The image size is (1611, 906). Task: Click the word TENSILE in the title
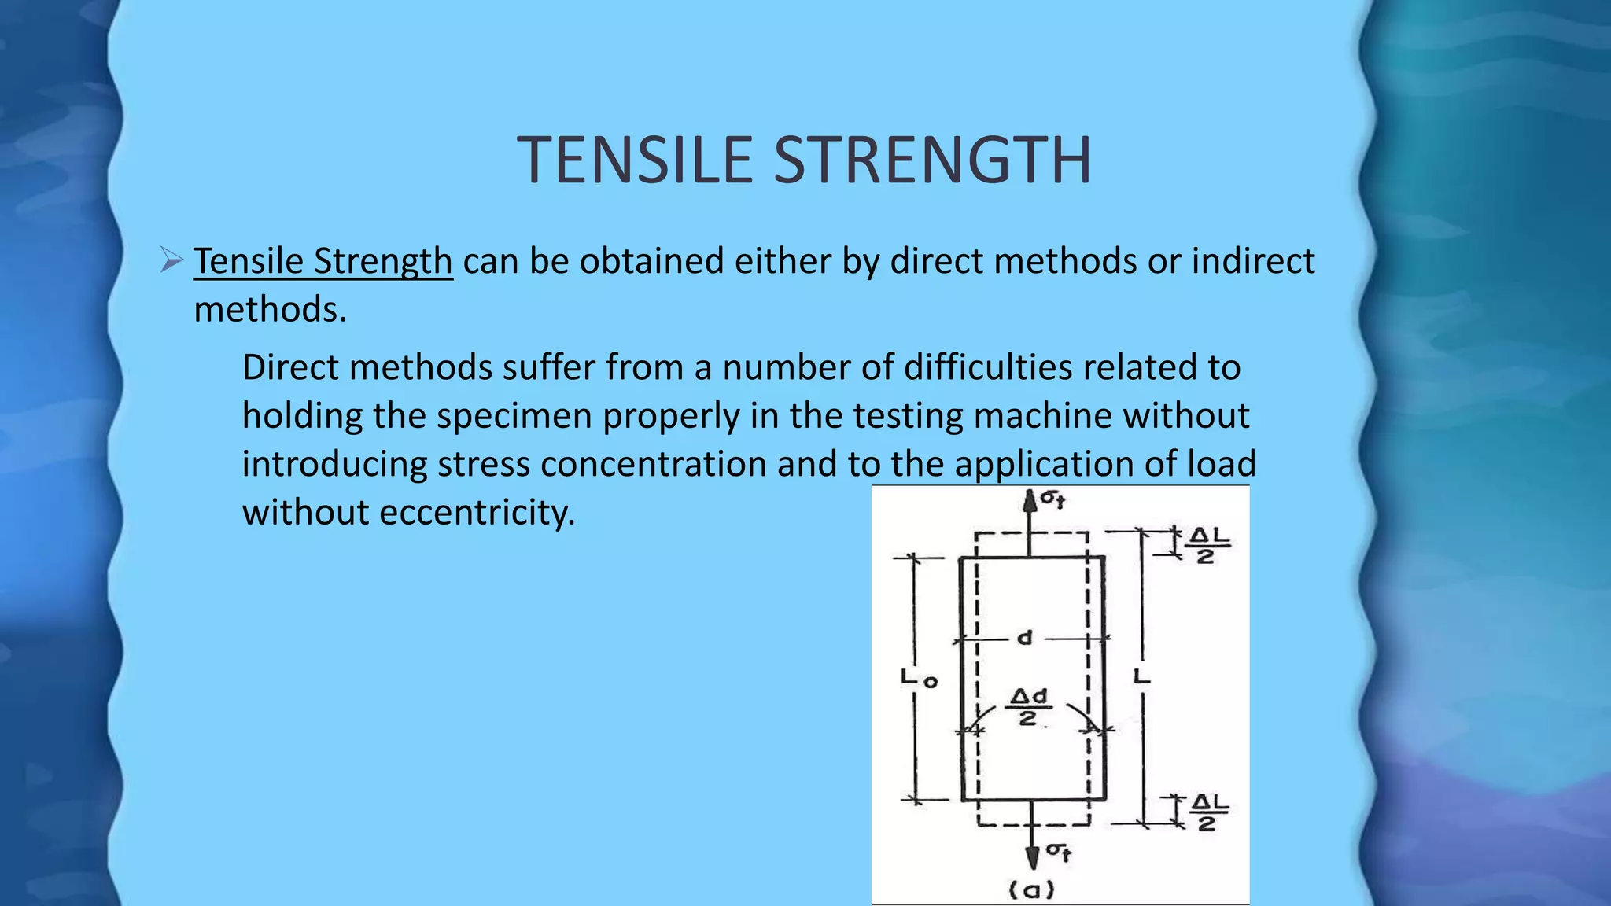[638, 160]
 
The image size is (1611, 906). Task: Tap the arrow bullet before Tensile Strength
[171, 260]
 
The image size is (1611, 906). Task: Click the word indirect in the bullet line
[1253, 261]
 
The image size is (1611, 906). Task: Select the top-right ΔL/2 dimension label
[1207, 545]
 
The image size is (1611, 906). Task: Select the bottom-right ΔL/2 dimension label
[1208, 813]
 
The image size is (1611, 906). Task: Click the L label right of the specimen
[1142, 676]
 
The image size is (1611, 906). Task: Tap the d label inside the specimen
[1024, 637]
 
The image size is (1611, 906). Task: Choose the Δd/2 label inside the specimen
[1029, 707]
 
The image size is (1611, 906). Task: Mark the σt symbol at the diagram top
[1053, 499]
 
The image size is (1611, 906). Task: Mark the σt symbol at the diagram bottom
[1058, 852]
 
